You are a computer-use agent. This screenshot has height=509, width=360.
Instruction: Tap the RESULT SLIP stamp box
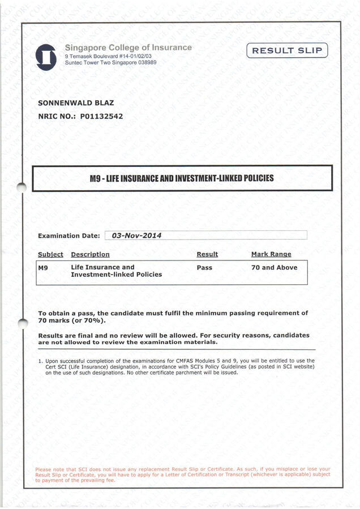288,51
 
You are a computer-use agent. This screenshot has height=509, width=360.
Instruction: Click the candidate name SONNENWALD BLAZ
75,103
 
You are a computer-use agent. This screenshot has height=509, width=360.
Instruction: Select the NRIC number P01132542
101,117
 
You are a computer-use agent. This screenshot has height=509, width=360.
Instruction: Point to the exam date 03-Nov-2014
137,235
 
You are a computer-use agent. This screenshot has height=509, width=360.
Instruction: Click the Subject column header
50,255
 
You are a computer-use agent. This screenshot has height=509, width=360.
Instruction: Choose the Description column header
90,255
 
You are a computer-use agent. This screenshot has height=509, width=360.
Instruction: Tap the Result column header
207,255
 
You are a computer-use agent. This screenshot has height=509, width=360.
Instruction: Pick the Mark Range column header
271,255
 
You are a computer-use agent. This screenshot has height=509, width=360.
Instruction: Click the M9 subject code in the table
42,267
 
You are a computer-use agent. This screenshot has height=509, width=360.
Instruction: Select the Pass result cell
204,267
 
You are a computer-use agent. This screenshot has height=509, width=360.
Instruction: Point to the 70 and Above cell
274,267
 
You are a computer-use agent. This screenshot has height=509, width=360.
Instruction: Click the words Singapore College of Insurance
128,48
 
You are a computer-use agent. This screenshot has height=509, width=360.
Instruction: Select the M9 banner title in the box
182,178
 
